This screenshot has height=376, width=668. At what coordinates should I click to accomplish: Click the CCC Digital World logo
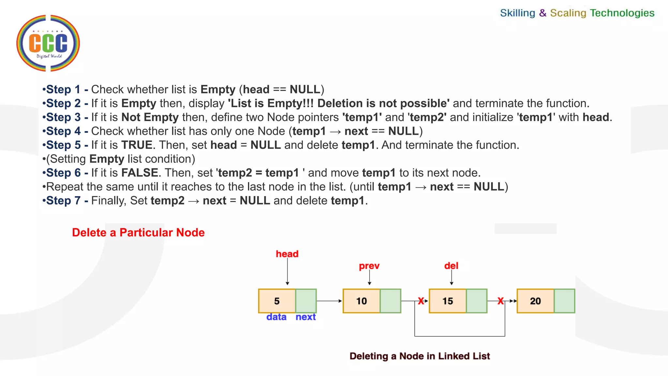[48, 43]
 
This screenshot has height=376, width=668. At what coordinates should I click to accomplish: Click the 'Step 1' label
[63, 89]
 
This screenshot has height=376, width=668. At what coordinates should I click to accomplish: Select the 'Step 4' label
[63, 131]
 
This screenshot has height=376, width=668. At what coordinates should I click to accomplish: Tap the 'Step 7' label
[63, 201]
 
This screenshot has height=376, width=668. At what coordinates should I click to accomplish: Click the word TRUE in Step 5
[137, 145]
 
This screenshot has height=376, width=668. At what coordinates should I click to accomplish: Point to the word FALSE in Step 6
[140, 173]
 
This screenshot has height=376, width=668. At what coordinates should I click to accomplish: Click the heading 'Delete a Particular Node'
[138, 233]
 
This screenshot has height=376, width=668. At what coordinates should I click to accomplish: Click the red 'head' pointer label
[287, 254]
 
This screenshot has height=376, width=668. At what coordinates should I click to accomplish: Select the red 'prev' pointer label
[369, 266]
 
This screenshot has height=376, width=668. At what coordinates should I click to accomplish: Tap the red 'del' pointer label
[451, 266]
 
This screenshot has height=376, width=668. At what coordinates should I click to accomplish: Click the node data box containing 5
[277, 301]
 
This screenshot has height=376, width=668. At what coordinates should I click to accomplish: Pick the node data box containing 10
[361, 301]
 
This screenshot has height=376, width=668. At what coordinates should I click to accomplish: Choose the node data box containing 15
[448, 301]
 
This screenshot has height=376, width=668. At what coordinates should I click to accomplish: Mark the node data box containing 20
[535, 301]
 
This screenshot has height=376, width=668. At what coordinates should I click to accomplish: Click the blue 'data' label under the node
[276, 317]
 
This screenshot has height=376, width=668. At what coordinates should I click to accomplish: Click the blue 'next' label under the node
[306, 317]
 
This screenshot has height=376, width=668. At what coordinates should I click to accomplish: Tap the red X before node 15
[421, 301]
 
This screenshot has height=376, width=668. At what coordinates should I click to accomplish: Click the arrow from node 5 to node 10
[329, 301]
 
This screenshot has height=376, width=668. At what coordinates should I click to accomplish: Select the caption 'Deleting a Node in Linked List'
[419, 356]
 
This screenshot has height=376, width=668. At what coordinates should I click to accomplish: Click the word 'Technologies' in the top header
[622, 13]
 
